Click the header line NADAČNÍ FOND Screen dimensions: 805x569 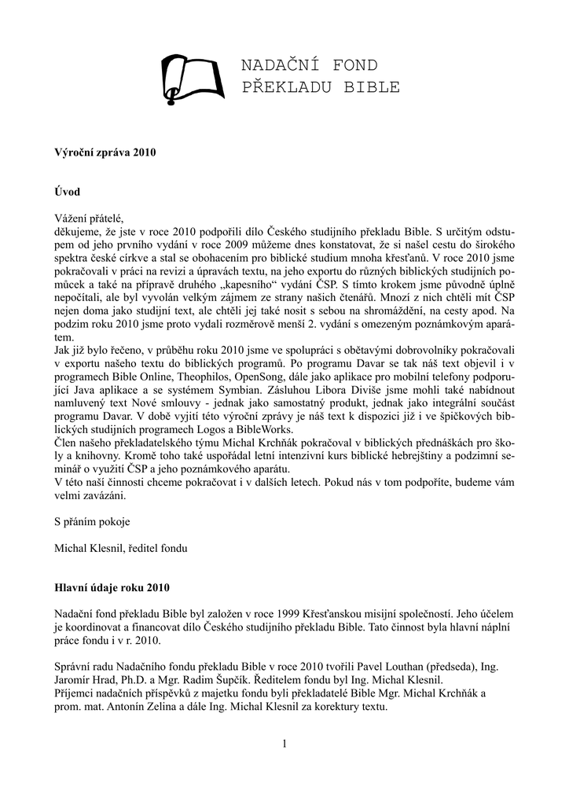click(310, 65)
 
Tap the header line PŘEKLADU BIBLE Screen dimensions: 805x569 click(321, 87)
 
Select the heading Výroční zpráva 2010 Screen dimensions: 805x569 click(105, 152)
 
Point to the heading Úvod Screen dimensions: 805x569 click(68, 191)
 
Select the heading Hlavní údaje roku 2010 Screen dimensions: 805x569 click(111, 587)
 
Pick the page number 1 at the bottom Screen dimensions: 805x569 click(284, 744)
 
